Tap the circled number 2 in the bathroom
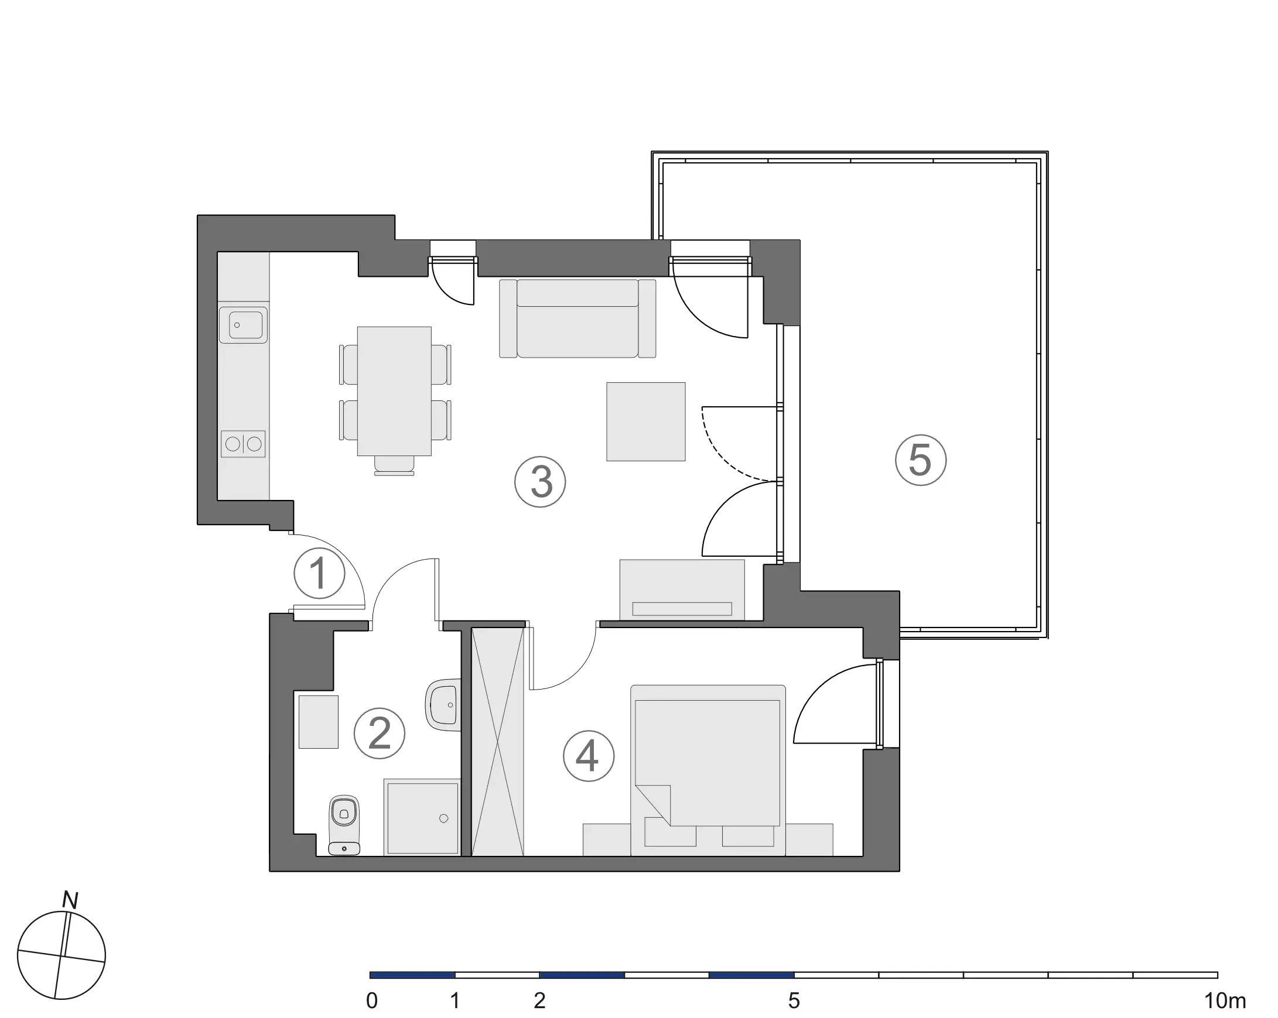click(x=380, y=733)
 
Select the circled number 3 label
click(x=540, y=482)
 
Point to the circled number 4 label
click(x=588, y=756)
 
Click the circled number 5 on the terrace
click(x=921, y=460)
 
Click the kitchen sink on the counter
click(x=243, y=325)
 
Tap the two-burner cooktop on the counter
click(x=243, y=443)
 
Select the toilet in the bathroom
click(x=344, y=825)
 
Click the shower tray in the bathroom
click(x=422, y=818)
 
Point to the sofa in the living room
click(x=578, y=320)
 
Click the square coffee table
click(x=645, y=421)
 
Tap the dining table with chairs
click(x=394, y=391)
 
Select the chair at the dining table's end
click(x=394, y=465)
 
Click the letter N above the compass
click(x=70, y=901)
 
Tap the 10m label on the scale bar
click(x=1225, y=1001)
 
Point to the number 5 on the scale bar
click(x=794, y=1001)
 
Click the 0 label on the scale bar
click(x=372, y=1001)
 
